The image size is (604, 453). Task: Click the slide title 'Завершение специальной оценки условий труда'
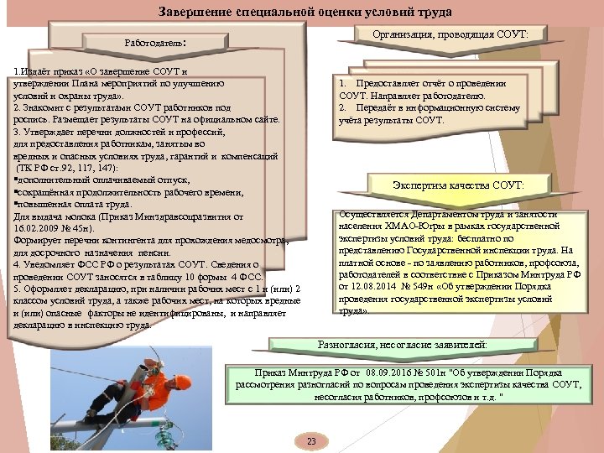293,13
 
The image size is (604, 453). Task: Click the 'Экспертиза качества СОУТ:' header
457,185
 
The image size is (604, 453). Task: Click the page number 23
311,441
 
